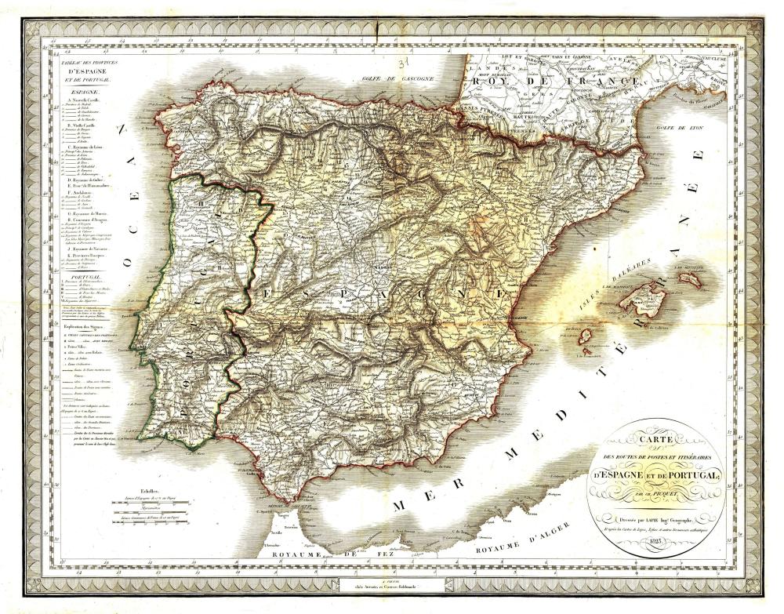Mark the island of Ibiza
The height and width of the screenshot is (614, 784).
585,338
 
